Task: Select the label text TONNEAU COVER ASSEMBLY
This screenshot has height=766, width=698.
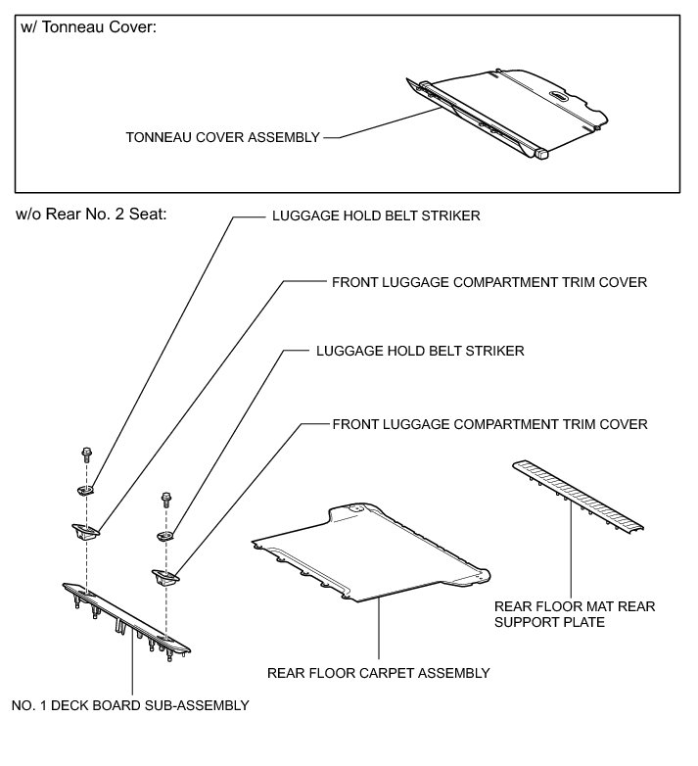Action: [222, 138]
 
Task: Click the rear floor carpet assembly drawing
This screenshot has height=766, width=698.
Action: [367, 553]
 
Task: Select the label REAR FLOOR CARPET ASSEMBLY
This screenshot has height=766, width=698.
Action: [378, 673]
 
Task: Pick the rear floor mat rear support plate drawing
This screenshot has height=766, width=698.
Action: [579, 496]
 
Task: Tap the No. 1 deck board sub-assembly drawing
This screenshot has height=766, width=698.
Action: [126, 616]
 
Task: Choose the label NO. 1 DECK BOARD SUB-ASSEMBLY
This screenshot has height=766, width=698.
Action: [130, 704]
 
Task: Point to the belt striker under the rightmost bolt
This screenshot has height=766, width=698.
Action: [165, 535]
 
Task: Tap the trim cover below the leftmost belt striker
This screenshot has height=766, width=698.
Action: [86, 532]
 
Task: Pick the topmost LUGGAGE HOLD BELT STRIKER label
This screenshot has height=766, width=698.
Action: [375, 216]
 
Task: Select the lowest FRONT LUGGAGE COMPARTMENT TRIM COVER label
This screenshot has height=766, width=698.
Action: [490, 424]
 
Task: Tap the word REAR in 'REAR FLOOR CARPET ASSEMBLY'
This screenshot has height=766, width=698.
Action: [286, 673]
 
